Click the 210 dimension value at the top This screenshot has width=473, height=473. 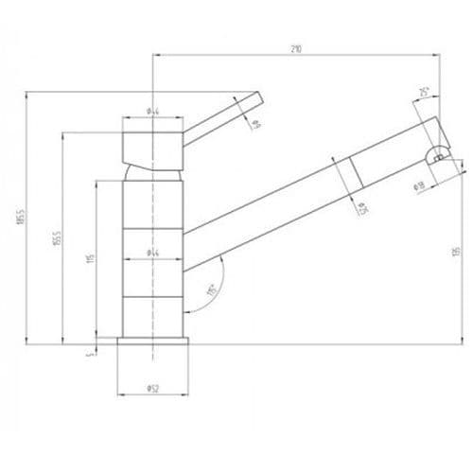(297, 50)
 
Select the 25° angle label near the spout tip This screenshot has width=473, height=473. (422, 92)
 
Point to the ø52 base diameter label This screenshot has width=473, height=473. (150, 389)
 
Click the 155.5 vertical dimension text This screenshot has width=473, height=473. (57, 240)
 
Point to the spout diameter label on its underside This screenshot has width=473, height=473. (361, 208)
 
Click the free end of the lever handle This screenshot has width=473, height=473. (255, 97)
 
